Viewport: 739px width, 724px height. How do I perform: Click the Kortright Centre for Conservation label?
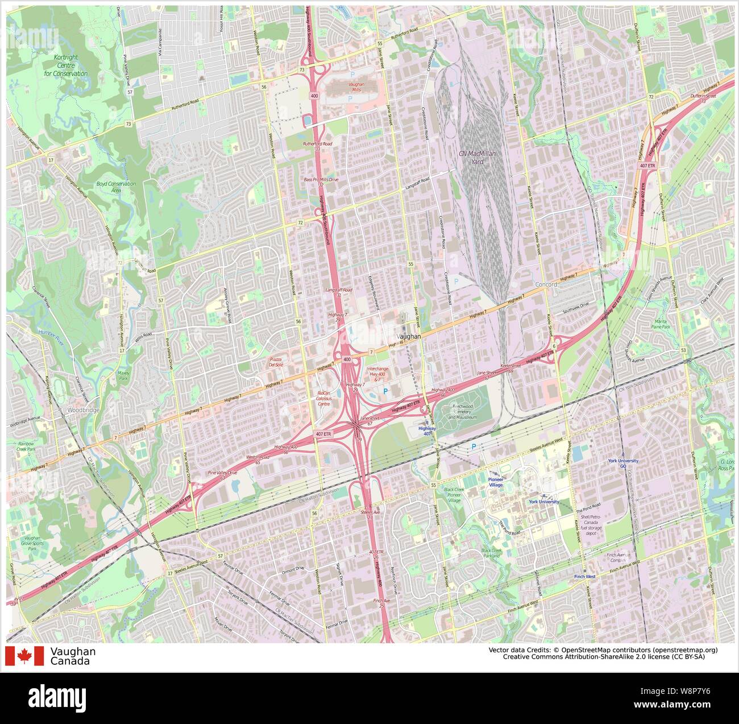66,65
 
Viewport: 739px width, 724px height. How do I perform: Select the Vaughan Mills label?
356,86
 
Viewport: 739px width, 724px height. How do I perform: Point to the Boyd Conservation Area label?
116,187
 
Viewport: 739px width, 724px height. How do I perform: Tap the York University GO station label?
622,464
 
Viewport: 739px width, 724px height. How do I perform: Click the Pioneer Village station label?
496,482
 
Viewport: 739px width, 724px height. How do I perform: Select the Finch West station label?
585,577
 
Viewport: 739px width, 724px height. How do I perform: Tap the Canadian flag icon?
24,656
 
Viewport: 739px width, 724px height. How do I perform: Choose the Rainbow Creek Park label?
26,446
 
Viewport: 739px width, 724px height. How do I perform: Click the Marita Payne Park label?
661,324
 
